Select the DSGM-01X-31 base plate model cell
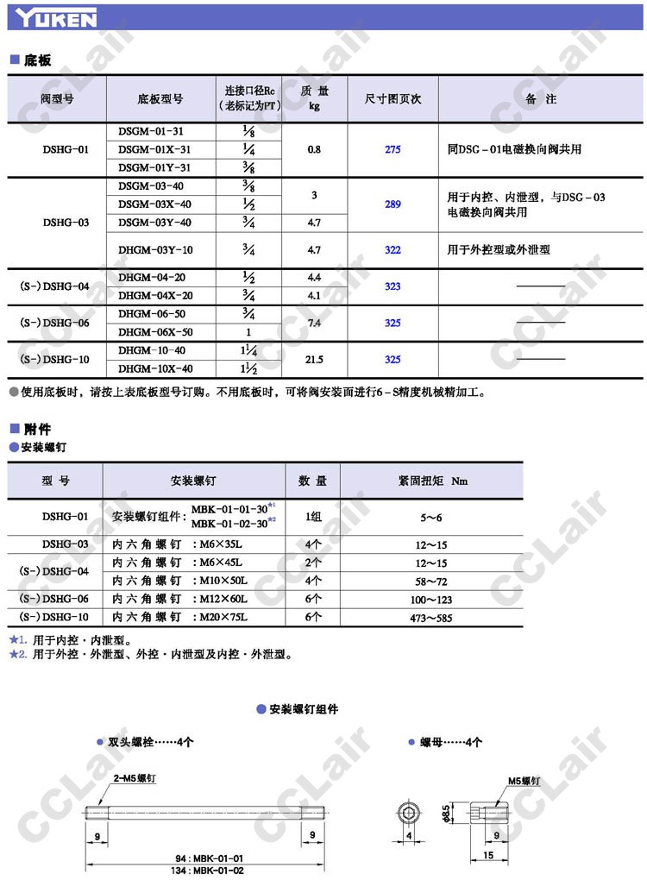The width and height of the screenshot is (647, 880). tap(154, 149)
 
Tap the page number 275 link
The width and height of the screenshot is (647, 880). tap(393, 149)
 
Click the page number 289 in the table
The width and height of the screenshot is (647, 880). tap(393, 204)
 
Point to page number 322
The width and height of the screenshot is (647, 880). tap(393, 250)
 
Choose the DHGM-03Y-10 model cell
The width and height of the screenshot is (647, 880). tap(154, 250)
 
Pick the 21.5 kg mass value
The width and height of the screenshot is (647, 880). tap(313, 359)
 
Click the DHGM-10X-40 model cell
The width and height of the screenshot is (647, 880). tap(154, 368)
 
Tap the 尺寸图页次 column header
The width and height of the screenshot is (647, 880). tap(393, 99)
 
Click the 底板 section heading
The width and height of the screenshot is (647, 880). tap(36, 60)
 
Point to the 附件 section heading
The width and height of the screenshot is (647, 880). tap(36, 429)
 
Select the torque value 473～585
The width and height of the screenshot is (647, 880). tap(431, 618)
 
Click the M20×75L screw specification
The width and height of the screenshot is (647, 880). tap(226, 618)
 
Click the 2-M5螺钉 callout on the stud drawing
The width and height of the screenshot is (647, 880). tap(134, 778)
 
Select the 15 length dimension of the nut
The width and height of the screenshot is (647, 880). tap(487, 855)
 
